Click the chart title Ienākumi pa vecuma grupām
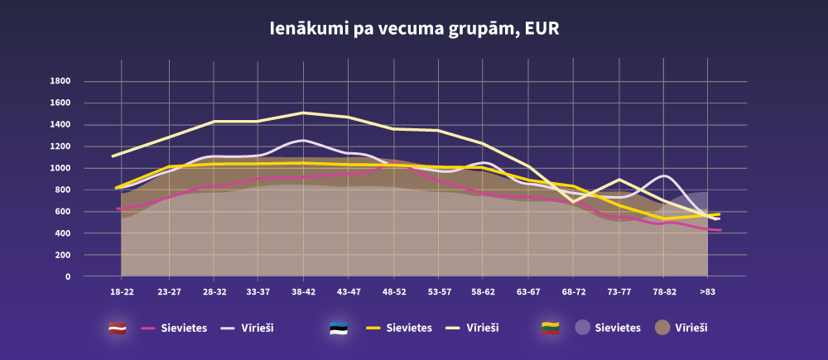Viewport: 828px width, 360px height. (414, 29)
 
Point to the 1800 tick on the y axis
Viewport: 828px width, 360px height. (60, 81)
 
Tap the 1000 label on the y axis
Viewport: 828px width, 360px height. (60, 168)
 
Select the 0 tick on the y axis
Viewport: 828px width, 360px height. (68, 276)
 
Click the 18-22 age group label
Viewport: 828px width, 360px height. (122, 292)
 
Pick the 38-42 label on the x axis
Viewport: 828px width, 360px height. (304, 292)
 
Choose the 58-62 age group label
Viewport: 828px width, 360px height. (484, 292)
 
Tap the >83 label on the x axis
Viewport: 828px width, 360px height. (708, 292)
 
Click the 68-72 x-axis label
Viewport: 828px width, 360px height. (574, 292)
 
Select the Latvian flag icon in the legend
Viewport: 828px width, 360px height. (118, 328)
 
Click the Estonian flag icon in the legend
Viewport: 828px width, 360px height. (338, 328)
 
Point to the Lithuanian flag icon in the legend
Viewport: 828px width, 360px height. (551, 328)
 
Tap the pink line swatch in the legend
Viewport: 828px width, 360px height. (149, 328)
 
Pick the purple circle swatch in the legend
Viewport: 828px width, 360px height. (583, 328)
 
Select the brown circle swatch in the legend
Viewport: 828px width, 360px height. (662, 328)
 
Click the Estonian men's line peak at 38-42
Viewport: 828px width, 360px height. (304, 113)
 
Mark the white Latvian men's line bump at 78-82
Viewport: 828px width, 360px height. (665, 175)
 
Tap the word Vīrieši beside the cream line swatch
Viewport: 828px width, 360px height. (483, 328)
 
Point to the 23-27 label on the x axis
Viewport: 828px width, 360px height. (169, 292)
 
